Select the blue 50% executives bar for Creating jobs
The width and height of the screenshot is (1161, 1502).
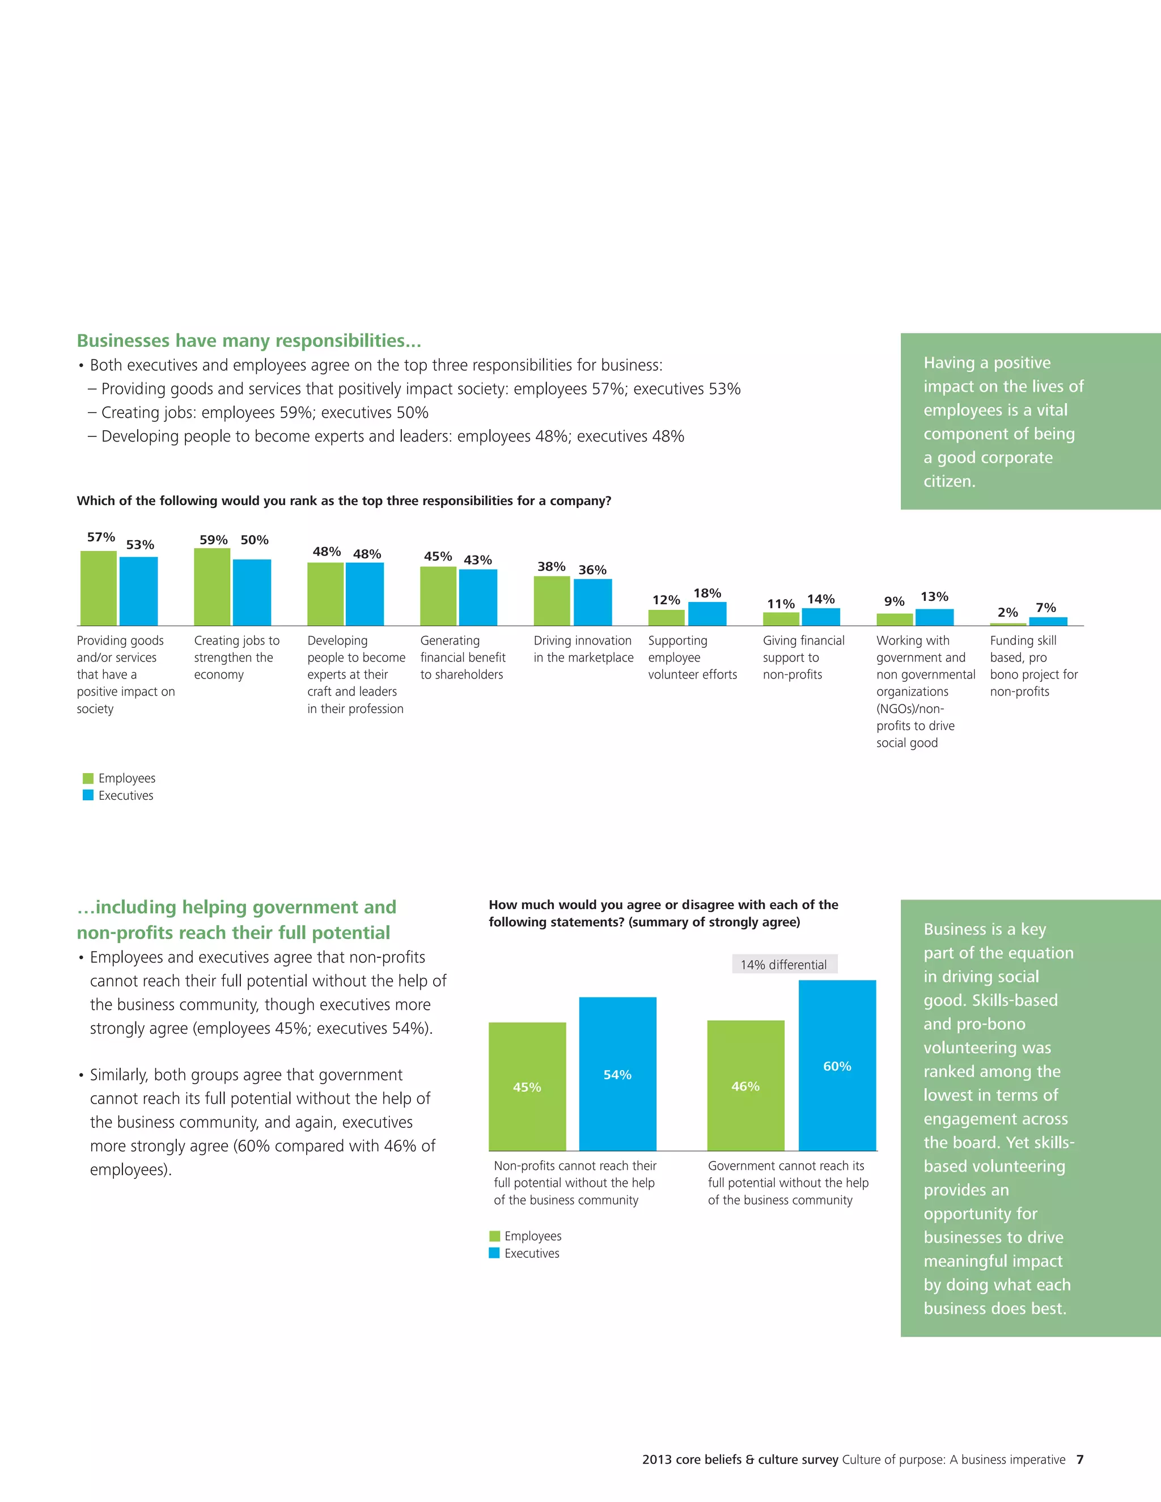point(252,592)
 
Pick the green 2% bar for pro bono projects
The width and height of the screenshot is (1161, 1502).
point(1007,624)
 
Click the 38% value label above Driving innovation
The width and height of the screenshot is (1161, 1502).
point(551,567)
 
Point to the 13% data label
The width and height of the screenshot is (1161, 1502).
point(934,596)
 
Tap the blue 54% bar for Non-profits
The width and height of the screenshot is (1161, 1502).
point(618,1074)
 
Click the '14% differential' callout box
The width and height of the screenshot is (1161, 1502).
point(784,964)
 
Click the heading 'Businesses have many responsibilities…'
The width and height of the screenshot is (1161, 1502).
point(249,341)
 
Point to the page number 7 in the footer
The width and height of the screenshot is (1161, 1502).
point(1080,1459)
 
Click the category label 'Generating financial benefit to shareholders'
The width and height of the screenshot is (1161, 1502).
point(462,657)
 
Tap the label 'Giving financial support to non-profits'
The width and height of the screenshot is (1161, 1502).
point(803,657)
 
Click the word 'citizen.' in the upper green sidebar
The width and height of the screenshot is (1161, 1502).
point(949,481)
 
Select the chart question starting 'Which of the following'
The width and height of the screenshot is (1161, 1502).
point(344,500)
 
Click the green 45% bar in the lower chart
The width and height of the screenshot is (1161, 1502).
point(527,1087)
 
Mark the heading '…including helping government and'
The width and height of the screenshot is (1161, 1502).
point(236,906)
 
